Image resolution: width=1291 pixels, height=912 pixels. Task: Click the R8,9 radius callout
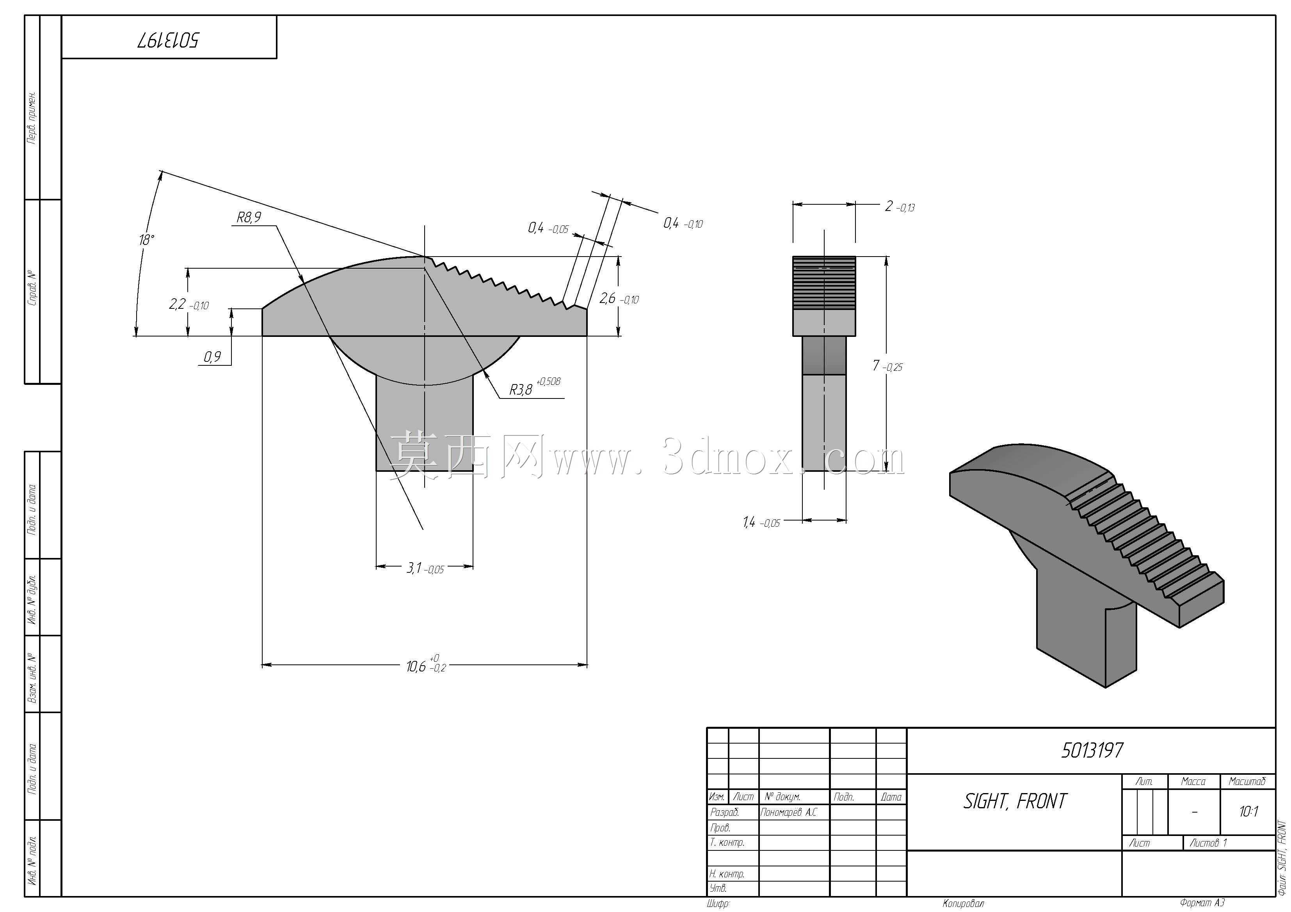[x=249, y=217]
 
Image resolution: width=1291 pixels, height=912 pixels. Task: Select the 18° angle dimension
[x=146, y=240]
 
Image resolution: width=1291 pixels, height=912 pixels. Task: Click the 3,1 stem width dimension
[x=425, y=568]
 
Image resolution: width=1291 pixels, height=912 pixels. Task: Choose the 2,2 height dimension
[x=189, y=305]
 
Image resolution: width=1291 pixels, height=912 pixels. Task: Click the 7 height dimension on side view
[x=888, y=366]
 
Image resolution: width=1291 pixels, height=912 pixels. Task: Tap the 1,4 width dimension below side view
[x=761, y=522]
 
